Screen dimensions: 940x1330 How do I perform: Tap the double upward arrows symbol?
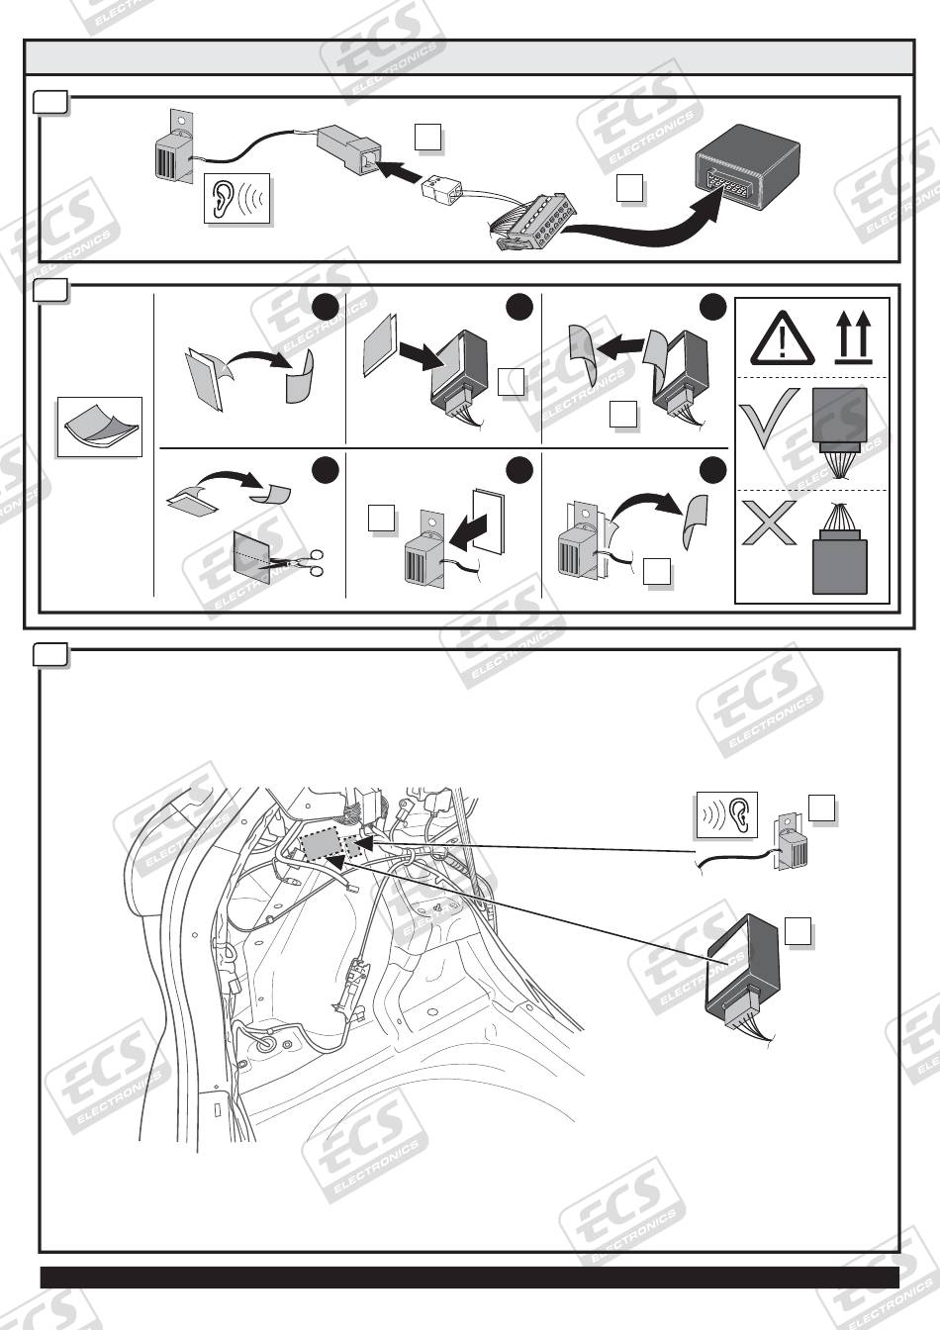[x=853, y=338]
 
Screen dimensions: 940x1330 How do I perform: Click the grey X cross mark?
[x=769, y=522]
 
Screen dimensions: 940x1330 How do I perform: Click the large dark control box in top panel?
[x=748, y=168]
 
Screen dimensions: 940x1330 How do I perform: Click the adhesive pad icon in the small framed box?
[x=100, y=427]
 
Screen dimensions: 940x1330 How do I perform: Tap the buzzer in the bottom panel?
[x=791, y=843]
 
